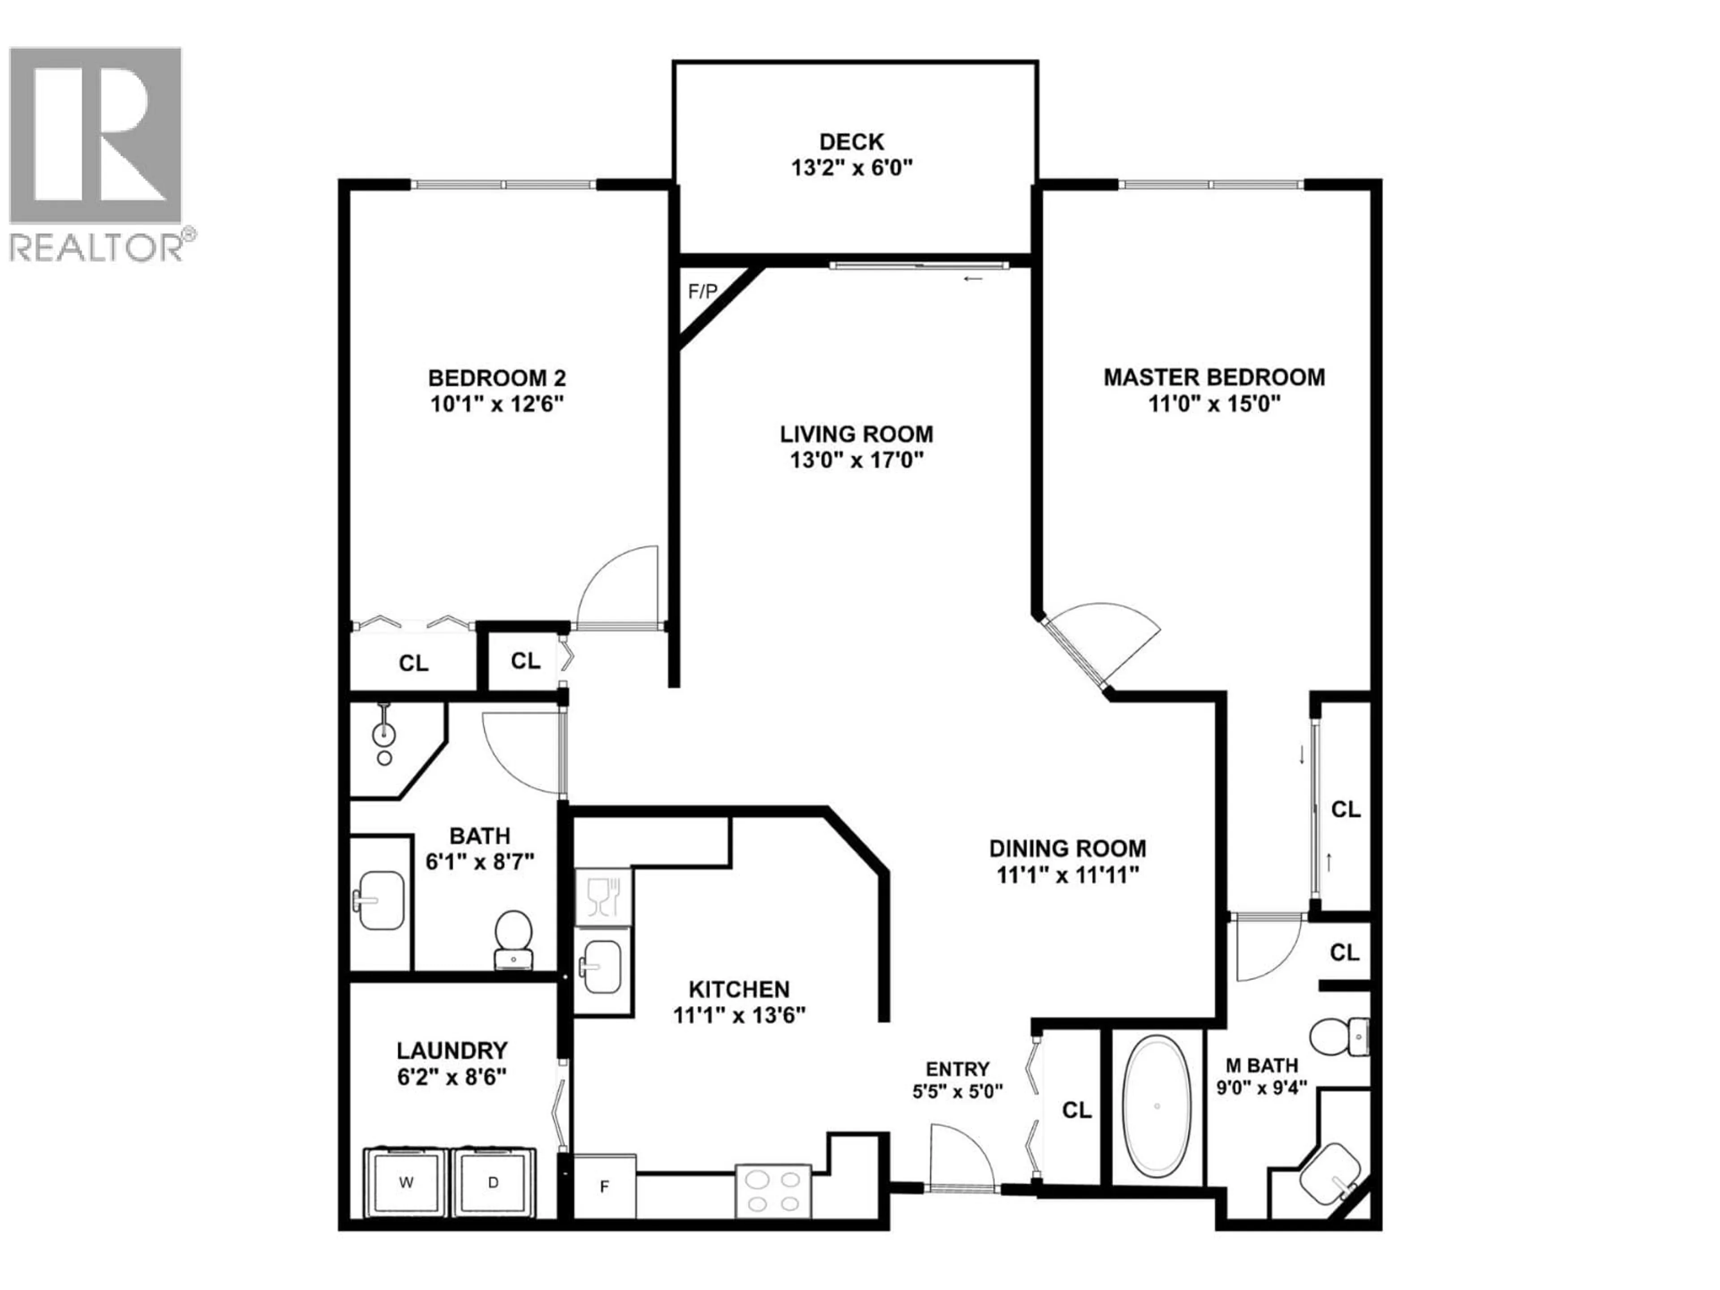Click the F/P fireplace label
click(x=702, y=292)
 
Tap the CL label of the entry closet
click(x=1076, y=1110)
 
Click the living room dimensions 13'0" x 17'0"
click(x=856, y=460)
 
